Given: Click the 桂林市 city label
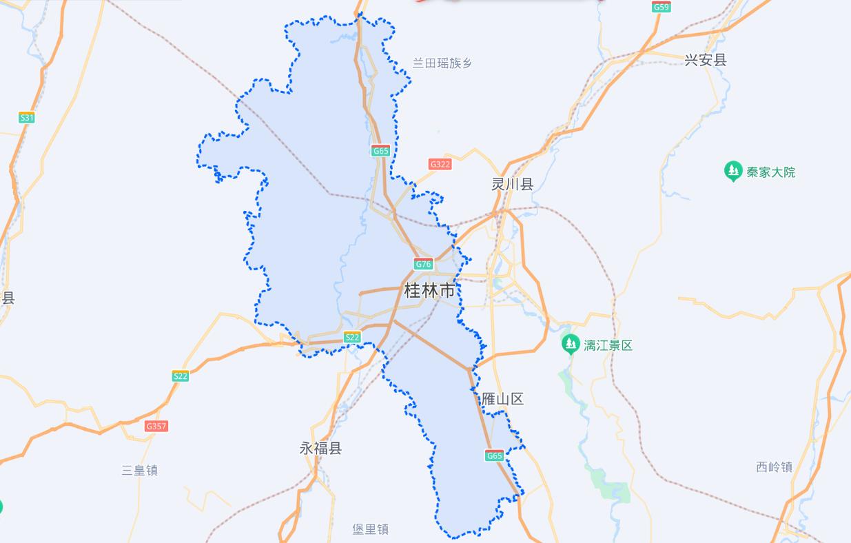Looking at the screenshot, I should click(429, 291).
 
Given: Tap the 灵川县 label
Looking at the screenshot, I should click(512, 184).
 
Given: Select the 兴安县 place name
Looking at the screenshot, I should click(706, 60).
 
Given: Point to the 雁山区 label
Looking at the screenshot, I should click(502, 399).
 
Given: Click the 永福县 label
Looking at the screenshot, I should click(320, 448).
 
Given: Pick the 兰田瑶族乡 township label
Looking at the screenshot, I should click(442, 63).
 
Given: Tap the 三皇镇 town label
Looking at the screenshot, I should click(140, 470).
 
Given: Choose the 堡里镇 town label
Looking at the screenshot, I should click(371, 529).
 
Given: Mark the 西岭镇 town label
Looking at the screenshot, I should click(774, 467).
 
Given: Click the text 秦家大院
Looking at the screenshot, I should click(770, 172).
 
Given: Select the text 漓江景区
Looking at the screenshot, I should click(608, 345).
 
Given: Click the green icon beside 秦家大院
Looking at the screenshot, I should click(732, 171).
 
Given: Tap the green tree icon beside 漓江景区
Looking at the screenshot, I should click(570, 344).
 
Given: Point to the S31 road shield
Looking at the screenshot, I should click(26, 118).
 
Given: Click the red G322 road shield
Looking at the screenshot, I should click(440, 164).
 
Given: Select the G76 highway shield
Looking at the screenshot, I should click(423, 264).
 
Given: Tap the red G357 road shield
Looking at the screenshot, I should click(156, 426).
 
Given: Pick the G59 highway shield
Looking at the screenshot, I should click(661, 7).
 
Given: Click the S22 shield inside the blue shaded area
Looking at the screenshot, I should click(352, 337).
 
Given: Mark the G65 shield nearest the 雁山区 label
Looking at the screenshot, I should click(494, 455).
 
